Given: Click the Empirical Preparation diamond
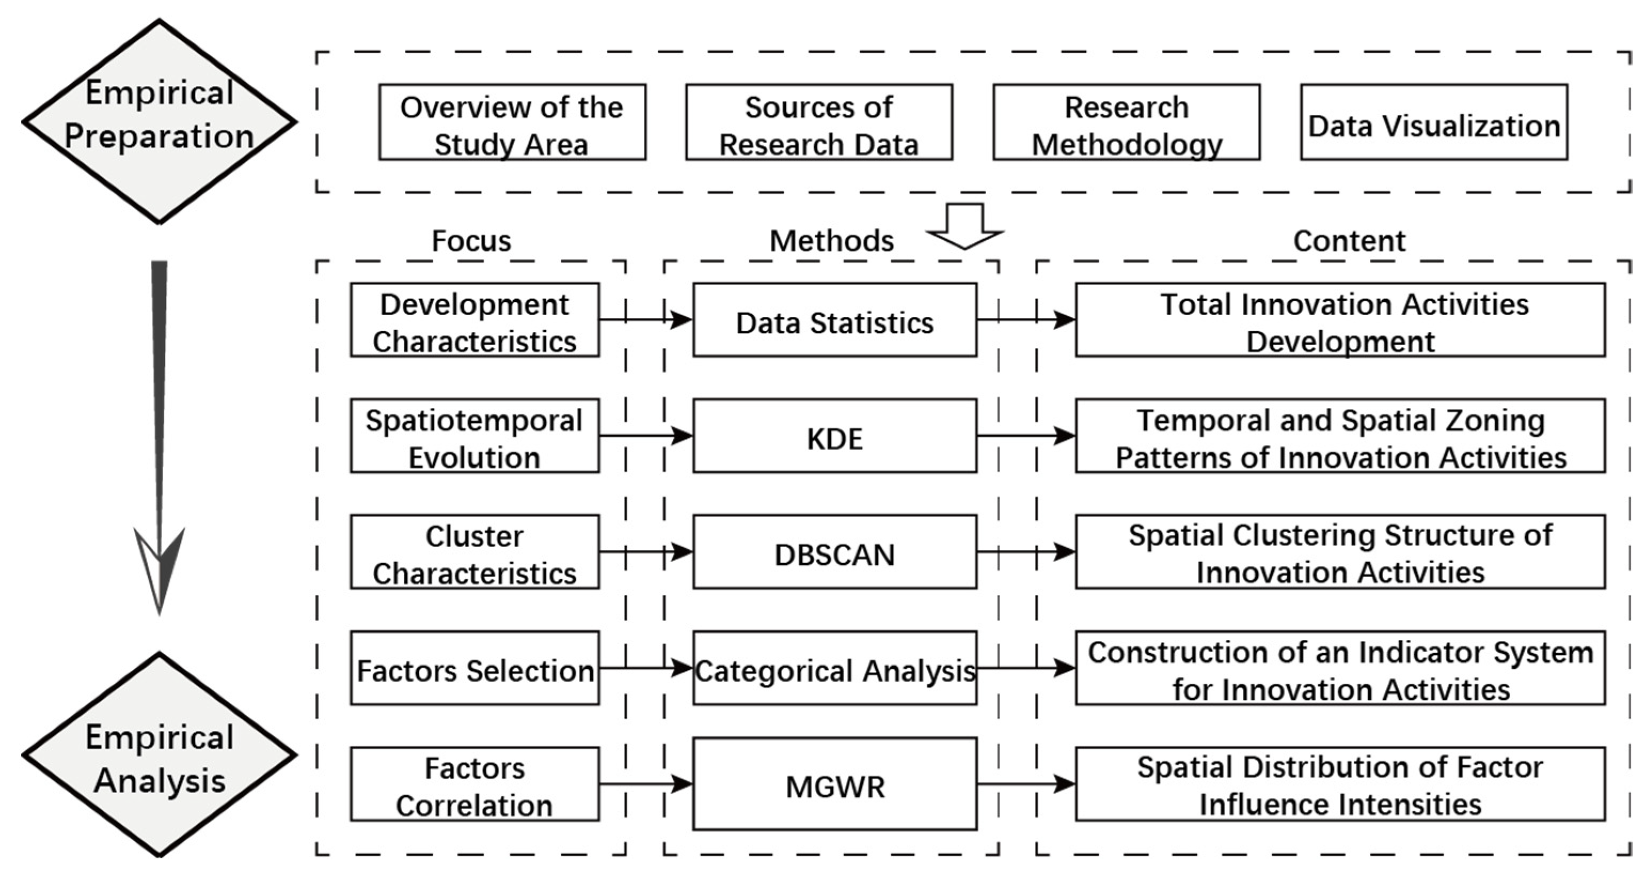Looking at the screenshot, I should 160,121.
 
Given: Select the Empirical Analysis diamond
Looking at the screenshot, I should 160,755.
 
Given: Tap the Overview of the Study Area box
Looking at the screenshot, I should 512,122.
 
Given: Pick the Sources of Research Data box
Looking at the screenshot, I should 819,122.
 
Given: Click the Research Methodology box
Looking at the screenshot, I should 1126,122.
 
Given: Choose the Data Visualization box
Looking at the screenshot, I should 1434,122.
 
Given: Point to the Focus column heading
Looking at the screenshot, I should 471,241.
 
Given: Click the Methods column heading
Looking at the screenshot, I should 831,241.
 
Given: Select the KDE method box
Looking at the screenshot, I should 835,436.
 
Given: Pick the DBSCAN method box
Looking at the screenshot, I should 835,552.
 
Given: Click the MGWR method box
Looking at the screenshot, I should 835,784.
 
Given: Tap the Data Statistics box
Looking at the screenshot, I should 835,320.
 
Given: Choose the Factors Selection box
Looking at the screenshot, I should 474,668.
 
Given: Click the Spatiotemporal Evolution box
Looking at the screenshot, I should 474,436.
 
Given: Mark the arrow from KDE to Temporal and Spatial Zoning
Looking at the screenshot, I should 1026,436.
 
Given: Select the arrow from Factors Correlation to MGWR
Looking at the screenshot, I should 645,784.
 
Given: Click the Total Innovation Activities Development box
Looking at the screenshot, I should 1341,320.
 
